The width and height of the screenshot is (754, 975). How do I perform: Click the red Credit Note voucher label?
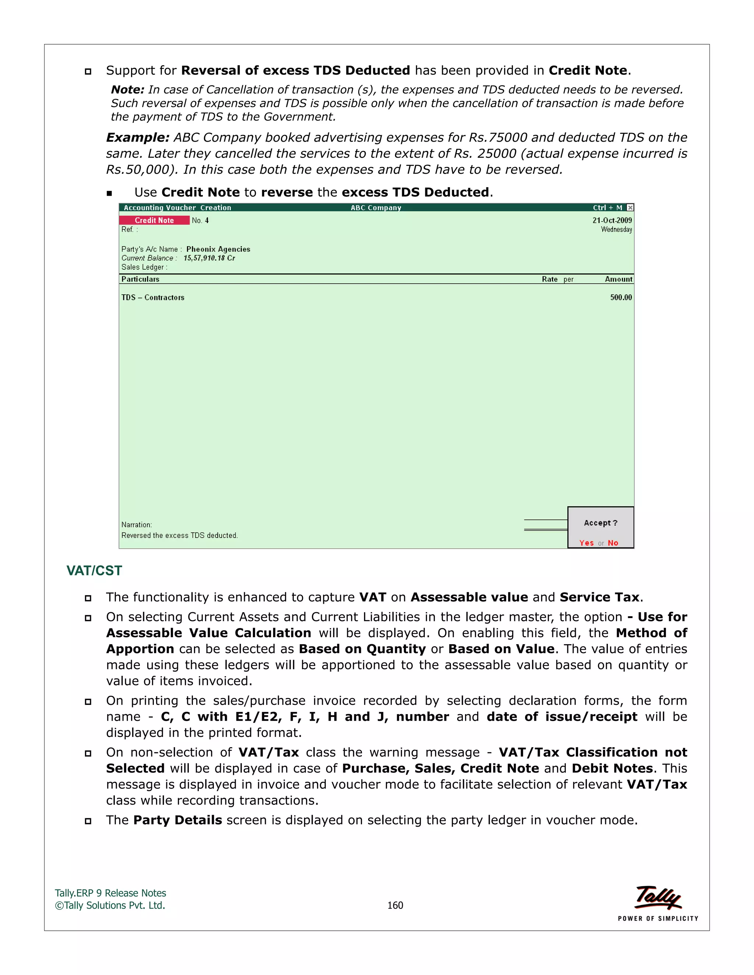pos(154,220)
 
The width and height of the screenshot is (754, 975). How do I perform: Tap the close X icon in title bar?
pos(630,208)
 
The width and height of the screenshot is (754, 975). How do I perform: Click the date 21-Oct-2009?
pos(612,220)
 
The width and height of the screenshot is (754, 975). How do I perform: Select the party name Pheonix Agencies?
pos(218,249)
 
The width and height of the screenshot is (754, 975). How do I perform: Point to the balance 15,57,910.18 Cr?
pos(209,258)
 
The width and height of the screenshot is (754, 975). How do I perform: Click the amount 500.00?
pos(621,297)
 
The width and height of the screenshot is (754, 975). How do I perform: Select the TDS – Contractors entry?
pos(153,297)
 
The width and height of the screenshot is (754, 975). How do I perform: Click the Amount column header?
pos(618,279)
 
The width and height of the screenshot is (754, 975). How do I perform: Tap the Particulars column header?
pos(140,279)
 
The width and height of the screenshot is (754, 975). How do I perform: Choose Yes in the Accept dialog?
pos(586,543)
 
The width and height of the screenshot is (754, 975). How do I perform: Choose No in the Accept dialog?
pos(613,543)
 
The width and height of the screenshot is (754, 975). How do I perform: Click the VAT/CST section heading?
pos(94,571)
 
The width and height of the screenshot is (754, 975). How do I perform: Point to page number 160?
pos(395,905)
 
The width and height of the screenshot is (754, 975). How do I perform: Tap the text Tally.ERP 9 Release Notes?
pos(110,893)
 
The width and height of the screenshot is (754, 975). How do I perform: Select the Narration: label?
pos(137,525)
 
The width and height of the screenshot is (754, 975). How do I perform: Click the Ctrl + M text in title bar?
pos(607,208)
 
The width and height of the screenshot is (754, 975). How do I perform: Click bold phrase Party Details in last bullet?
pos(177,820)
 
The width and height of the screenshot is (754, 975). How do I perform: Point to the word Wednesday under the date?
pos(616,230)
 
